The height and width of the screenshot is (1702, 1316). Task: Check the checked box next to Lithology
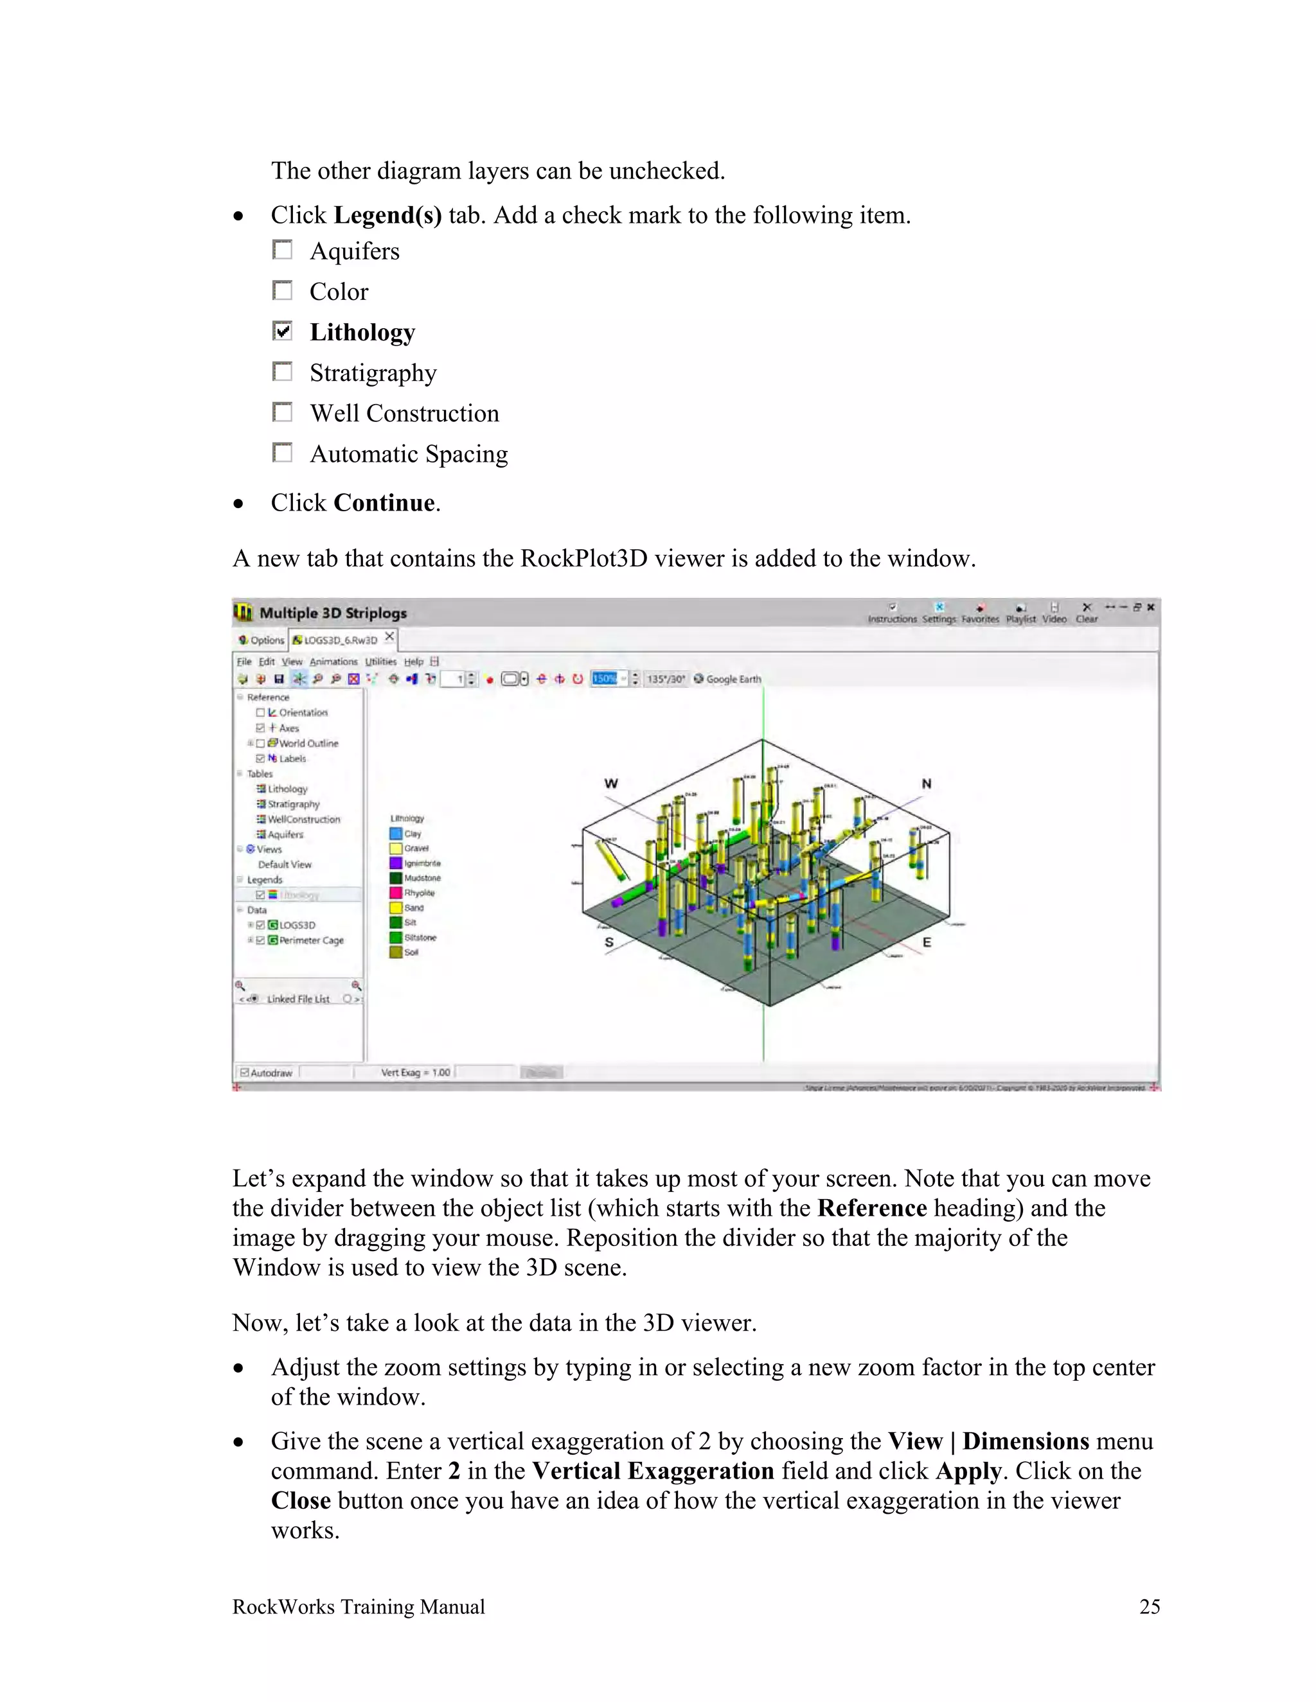(x=282, y=331)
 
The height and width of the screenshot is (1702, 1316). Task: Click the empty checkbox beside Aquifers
(x=282, y=250)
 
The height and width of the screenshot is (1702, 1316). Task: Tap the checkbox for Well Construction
(x=282, y=412)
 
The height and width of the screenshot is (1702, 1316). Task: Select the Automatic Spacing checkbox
(x=282, y=453)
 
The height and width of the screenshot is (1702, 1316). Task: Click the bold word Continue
(x=384, y=503)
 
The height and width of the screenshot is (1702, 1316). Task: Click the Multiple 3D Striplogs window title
(x=333, y=613)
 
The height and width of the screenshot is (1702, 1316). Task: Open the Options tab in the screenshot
(x=262, y=640)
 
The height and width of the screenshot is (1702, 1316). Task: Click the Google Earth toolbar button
(x=727, y=679)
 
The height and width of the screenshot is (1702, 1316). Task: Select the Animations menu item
(x=333, y=662)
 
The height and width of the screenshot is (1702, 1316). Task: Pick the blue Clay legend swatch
(x=395, y=834)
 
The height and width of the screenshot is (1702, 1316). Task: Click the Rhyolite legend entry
(x=419, y=893)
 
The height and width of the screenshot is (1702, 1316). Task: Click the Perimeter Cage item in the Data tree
(x=311, y=941)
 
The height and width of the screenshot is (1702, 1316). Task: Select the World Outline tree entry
(x=308, y=744)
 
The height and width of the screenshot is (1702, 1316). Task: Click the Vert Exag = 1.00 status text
(x=414, y=1073)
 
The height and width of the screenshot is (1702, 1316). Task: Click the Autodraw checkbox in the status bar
(x=245, y=1073)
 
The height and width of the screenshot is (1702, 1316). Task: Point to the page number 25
(x=1149, y=1607)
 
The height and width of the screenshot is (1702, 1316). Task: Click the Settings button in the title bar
(x=939, y=613)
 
